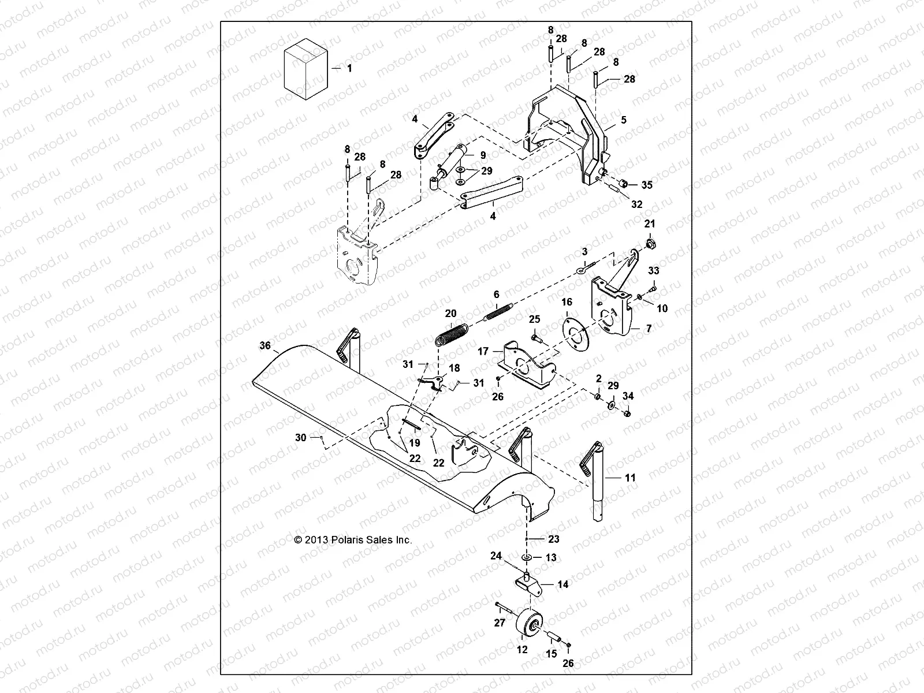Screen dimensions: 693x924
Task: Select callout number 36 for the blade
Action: point(265,346)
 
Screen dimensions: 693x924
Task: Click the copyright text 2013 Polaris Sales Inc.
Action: point(353,540)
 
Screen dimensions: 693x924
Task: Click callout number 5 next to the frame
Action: point(623,120)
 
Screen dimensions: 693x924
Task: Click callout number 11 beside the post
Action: point(630,478)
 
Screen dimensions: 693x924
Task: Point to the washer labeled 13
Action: point(528,558)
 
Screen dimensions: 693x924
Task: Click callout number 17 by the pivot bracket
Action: point(483,351)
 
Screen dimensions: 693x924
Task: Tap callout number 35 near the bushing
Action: point(647,185)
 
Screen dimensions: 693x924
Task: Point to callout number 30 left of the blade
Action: point(300,438)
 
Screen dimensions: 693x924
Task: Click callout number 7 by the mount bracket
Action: point(649,328)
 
